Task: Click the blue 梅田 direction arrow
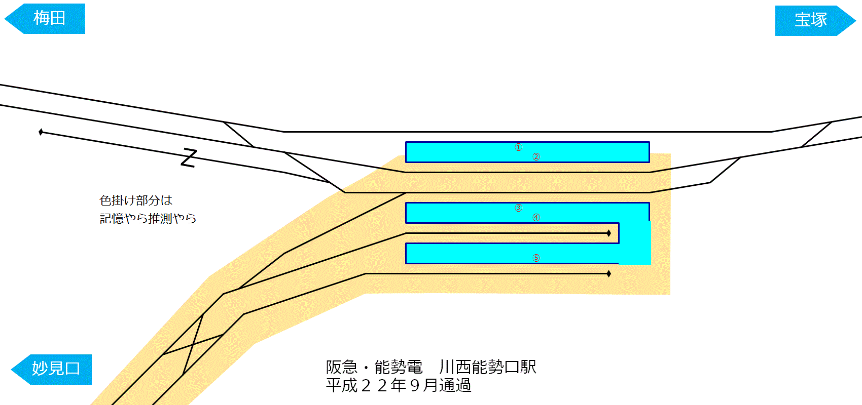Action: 46,19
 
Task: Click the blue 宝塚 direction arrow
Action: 814,20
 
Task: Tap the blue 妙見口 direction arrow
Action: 52,369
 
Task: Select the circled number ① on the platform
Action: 518,147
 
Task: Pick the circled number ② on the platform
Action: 536,157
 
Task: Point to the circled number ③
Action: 518,208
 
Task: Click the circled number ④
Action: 536,218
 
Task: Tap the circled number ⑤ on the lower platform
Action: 536,258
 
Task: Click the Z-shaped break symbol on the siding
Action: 189,158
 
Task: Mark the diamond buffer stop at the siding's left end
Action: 41,132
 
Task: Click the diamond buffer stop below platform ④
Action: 608,233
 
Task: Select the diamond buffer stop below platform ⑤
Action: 608,274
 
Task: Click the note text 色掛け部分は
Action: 136,200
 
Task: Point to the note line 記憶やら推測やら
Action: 148,219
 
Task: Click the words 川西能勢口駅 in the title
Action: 487,367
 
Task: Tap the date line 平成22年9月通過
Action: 399,386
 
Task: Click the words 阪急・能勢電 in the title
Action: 374,367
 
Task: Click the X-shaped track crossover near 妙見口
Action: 193,344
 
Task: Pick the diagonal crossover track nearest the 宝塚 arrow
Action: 816,134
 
